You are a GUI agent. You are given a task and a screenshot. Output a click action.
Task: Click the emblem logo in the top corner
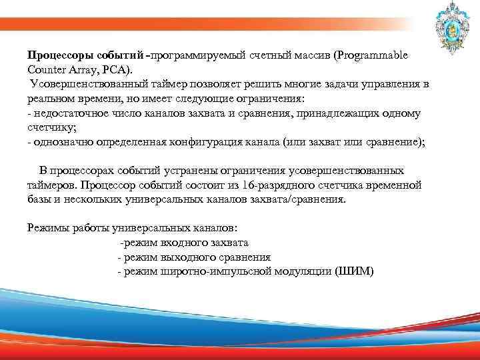(x=443, y=27)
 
